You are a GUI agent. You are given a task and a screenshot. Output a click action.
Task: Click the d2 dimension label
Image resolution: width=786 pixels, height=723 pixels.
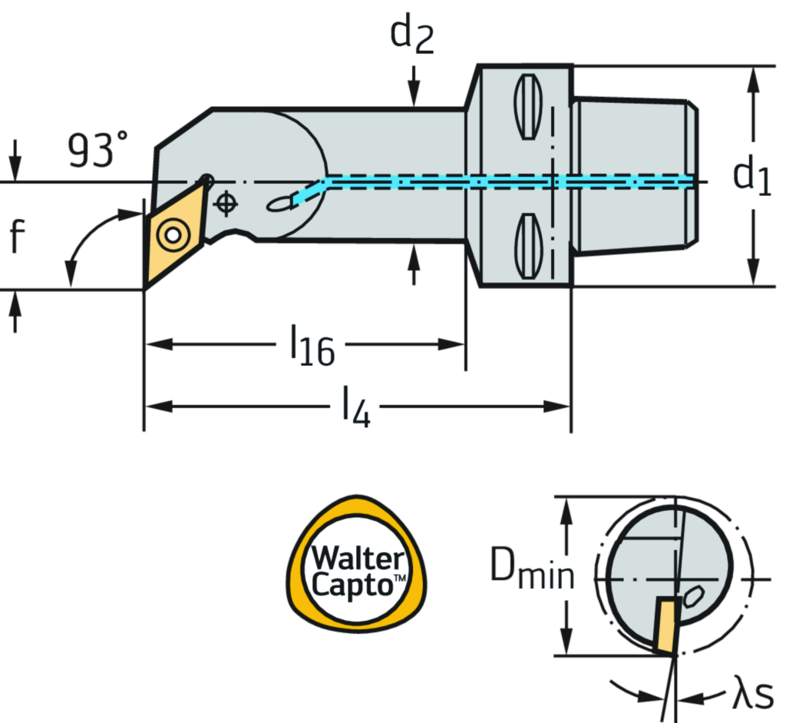[x=413, y=35]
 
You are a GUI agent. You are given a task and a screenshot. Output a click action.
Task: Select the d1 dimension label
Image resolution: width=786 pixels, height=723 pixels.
[x=751, y=175]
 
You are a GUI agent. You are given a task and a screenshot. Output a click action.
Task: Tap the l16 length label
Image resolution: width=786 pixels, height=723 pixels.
[x=312, y=346]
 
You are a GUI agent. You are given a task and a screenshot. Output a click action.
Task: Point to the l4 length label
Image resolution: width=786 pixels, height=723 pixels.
[x=355, y=407]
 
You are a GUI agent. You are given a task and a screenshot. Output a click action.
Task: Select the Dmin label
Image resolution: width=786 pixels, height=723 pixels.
[x=532, y=569]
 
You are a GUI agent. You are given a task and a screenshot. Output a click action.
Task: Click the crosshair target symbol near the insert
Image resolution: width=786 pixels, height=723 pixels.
[x=225, y=204]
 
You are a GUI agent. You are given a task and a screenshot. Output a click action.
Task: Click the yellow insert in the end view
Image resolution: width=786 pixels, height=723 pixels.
[x=665, y=625]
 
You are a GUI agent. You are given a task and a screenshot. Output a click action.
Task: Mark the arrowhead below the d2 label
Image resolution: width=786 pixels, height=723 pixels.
[x=414, y=95]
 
